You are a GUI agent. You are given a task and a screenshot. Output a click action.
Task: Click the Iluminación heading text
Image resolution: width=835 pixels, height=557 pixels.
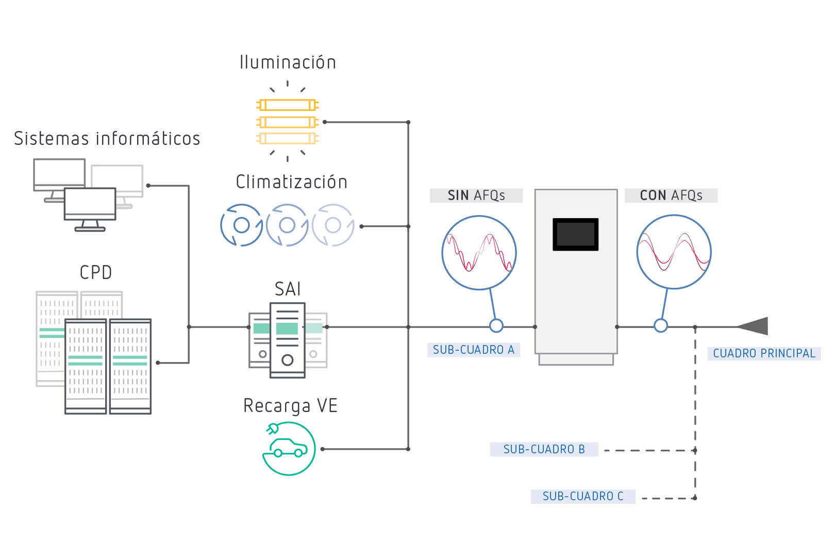click(288, 62)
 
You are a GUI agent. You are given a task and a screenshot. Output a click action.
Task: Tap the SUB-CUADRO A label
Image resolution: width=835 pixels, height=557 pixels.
click(474, 350)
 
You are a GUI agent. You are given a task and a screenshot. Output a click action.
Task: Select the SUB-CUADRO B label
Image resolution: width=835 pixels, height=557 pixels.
click(544, 449)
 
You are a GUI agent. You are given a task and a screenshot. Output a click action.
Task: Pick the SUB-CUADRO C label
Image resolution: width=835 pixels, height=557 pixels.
click(583, 496)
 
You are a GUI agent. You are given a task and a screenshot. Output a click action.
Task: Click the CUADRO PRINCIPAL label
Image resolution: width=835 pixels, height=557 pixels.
click(764, 353)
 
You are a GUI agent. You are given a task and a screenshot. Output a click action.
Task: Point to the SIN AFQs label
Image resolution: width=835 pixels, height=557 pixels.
click(476, 195)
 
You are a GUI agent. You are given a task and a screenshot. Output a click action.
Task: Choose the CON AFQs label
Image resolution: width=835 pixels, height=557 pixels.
click(671, 195)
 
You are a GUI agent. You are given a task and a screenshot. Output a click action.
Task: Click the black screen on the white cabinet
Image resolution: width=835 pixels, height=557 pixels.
click(575, 234)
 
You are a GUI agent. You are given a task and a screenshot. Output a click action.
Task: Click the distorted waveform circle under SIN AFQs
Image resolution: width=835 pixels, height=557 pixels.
click(479, 253)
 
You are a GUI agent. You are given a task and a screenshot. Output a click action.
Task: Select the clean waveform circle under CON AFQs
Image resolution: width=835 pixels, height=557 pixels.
click(674, 252)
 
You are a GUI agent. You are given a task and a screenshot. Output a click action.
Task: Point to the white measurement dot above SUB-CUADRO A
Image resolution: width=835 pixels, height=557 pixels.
click(496, 325)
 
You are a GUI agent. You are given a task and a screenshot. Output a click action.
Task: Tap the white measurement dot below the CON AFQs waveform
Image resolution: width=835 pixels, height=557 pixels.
click(661, 325)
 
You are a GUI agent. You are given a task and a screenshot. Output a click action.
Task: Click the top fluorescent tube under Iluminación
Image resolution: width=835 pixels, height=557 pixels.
click(288, 105)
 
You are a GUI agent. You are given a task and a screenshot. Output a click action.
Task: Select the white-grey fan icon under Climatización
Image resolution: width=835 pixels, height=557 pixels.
click(333, 225)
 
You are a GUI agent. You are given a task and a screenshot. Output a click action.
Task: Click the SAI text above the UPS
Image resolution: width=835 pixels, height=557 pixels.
click(288, 289)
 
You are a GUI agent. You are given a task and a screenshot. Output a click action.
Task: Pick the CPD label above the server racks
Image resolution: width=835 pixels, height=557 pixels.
click(96, 272)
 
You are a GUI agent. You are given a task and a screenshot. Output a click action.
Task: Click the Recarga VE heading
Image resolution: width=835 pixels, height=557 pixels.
click(290, 406)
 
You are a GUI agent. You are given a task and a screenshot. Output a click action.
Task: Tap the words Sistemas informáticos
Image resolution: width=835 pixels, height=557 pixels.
click(107, 138)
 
